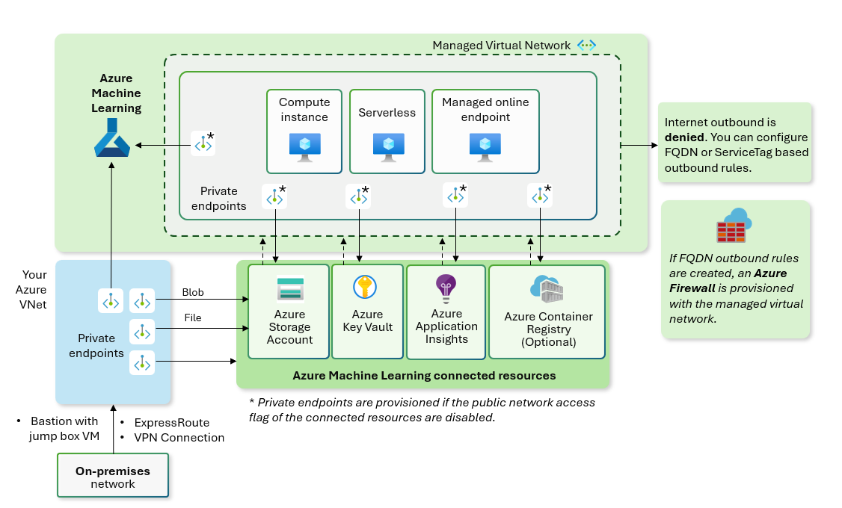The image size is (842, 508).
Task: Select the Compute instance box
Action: (x=304, y=131)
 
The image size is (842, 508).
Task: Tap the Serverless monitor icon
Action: (x=388, y=146)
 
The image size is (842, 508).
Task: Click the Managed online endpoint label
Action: (x=485, y=109)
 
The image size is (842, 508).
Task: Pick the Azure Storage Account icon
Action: (x=290, y=290)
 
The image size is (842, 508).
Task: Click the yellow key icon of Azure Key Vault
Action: (x=365, y=287)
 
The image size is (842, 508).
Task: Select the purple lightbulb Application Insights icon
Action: (x=446, y=288)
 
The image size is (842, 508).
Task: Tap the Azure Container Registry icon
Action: (x=547, y=289)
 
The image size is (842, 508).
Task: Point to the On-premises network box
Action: (x=114, y=477)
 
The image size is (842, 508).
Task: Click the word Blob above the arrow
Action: (x=193, y=293)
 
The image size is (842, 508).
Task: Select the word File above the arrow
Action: (x=193, y=318)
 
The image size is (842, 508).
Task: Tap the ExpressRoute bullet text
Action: (x=171, y=422)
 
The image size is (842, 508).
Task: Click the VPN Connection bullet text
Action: (x=179, y=438)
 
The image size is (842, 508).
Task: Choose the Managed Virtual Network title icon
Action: (x=586, y=46)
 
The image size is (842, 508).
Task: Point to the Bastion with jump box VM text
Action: (x=64, y=429)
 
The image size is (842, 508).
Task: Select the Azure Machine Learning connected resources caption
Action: (x=424, y=376)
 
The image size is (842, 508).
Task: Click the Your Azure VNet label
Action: (x=34, y=290)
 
